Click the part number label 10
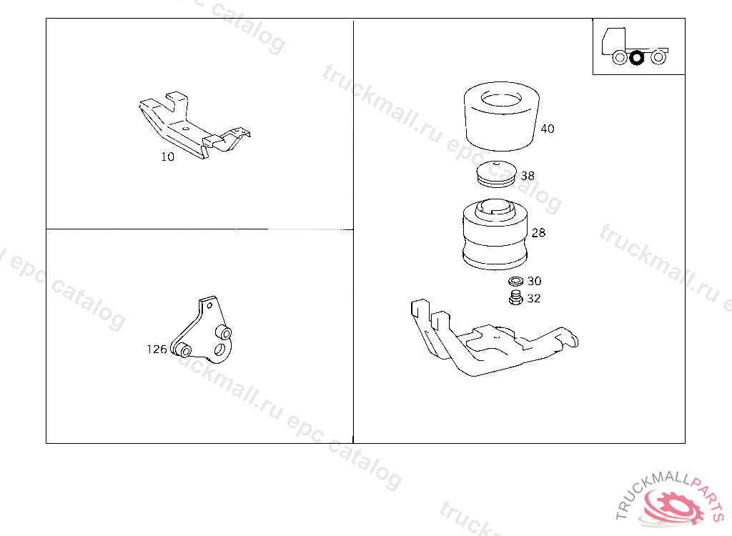pos(167,157)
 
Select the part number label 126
pos(157,349)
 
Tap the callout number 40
pos(547,129)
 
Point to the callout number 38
pos(528,176)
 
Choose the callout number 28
pos(538,232)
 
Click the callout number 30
pos(534,281)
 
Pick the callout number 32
pos(533,298)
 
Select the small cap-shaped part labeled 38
pos(496,174)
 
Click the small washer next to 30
pos(516,282)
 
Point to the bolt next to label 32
pos(515,298)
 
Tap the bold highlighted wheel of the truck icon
pos(636,58)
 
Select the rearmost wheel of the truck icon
pos(658,57)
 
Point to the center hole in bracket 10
pos(185,128)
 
